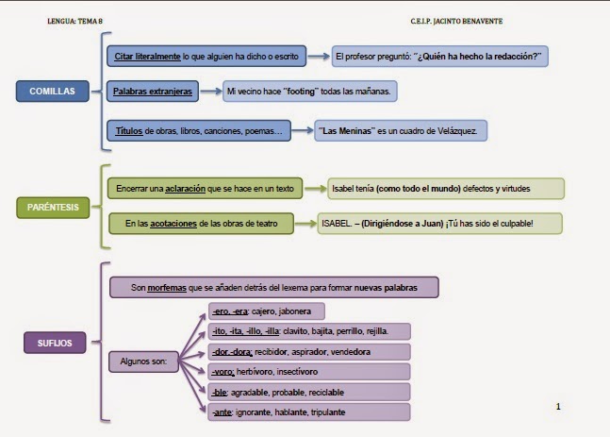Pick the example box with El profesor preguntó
click(438, 57)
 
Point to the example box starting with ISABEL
click(438, 224)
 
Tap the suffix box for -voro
click(307, 372)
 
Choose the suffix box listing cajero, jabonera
click(266, 311)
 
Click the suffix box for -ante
click(307, 412)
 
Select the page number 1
click(559, 407)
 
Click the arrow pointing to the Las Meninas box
click(301, 130)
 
